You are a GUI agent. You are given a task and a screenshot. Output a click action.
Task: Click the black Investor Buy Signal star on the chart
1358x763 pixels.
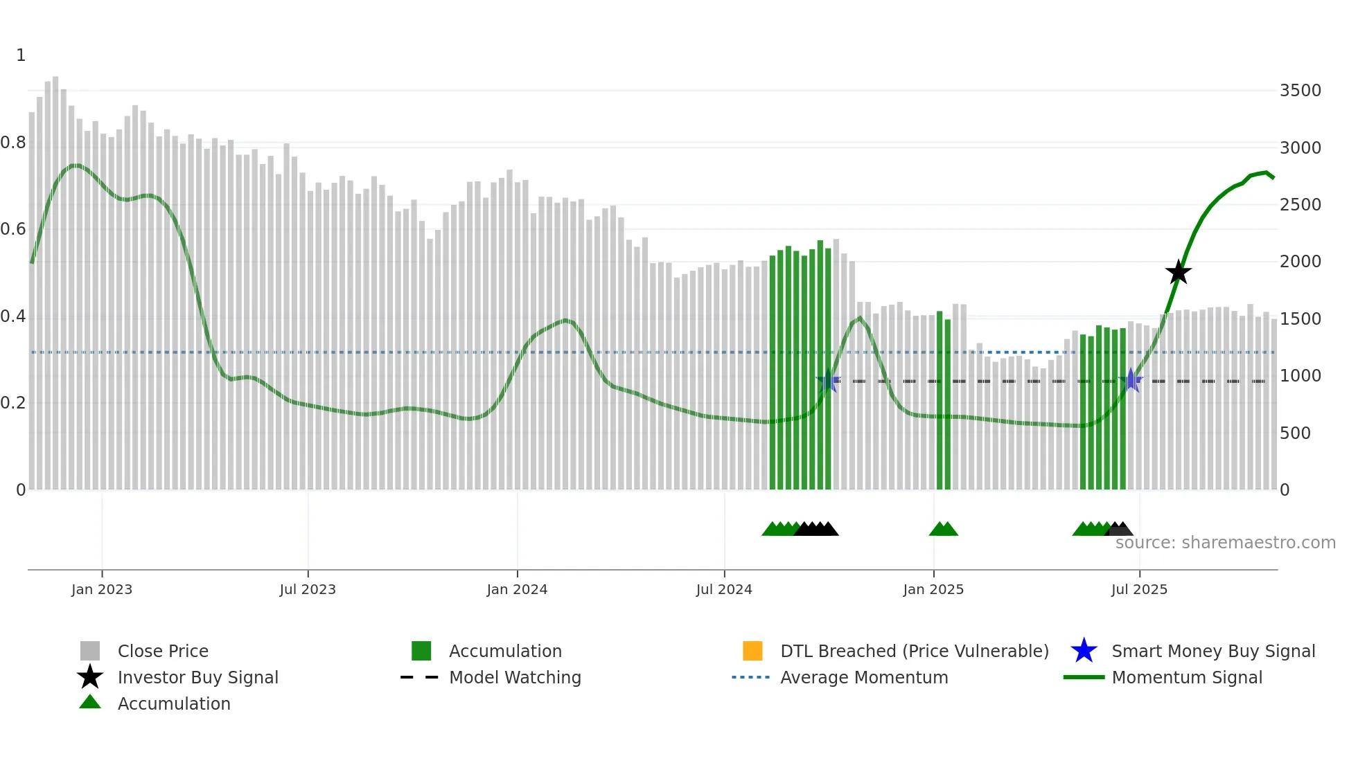coord(1178,272)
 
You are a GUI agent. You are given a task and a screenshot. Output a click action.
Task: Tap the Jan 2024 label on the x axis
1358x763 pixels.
coord(517,589)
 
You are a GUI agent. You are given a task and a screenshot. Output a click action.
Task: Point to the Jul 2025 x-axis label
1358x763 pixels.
coord(1139,589)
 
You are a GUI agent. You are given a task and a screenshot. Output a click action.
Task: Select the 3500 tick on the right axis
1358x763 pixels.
coord(1300,91)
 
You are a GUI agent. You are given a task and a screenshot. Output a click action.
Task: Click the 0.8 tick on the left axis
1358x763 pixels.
coord(14,143)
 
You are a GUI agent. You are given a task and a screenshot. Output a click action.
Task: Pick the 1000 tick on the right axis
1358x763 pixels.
coord(1300,376)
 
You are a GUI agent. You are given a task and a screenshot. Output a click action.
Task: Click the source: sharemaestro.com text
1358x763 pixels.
coord(1225,543)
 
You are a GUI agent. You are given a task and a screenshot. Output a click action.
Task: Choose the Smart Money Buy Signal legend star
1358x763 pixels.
coord(1084,651)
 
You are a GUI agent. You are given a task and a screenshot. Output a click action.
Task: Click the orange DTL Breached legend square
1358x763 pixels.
coord(752,651)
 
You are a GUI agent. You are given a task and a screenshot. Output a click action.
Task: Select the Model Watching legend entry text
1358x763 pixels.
coord(515,677)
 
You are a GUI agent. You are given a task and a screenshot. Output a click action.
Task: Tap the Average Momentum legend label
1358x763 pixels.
coord(864,677)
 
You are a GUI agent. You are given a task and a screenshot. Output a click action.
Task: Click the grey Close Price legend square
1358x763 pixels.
coord(90,651)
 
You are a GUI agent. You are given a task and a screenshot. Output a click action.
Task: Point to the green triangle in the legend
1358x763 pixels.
coord(90,702)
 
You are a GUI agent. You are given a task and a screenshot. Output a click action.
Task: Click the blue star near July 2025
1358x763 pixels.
coord(1131,380)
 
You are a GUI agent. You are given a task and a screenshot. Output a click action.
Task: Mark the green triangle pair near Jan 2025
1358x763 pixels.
coord(943,530)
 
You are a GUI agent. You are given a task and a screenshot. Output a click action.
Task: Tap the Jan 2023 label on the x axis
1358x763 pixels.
coord(102,589)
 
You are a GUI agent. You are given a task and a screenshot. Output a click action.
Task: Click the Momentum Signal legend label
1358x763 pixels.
coord(1187,677)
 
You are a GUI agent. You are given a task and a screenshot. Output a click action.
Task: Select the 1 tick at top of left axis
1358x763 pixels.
coord(21,55)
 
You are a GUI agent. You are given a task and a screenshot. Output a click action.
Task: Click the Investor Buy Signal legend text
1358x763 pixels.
coord(198,677)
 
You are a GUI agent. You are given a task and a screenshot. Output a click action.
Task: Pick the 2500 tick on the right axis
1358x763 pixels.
coord(1300,205)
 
